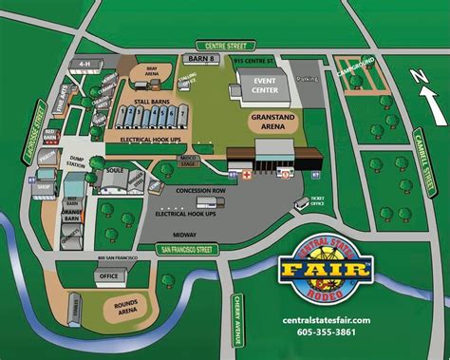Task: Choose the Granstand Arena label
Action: pyautogui.click(x=269, y=121)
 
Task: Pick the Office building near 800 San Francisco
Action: pyautogui.click(x=110, y=275)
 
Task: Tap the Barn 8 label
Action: pyautogui.click(x=203, y=59)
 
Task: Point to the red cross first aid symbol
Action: pyautogui.click(x=247, y=175)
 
